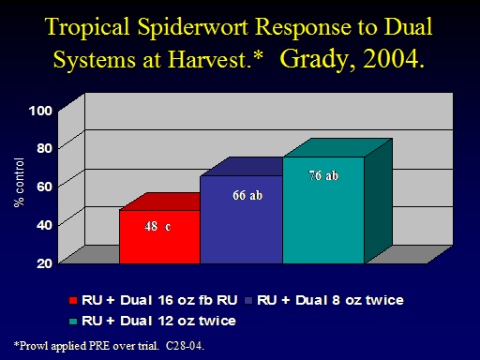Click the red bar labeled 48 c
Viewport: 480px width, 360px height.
pyautogui.click(x=159, y=236)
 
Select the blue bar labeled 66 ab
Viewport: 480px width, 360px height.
pyautogui.click(x=241, y=219)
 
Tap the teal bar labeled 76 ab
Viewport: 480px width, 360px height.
pyautogui.click(x=323, y=210)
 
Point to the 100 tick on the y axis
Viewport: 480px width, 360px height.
pyautogui.click(x=40, y=111)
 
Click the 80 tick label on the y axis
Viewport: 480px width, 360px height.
pyautogui.click(x=44, y=148)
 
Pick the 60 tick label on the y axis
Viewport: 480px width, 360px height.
pyautogui.click(x=44, y=187)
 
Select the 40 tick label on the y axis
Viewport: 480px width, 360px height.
pyautogui.click(x=44, y=225)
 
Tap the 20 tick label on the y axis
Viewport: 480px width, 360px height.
pyautogui.click(x=44, y=263)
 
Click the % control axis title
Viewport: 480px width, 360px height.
pyautogui.click(x=19, y=183)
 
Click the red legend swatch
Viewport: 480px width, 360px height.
pyautogui.click(x=73, y=301)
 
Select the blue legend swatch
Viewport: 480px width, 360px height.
pyautogui.click(x=248, y=301)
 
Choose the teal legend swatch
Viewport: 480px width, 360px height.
pyautogui.click(x=73, y=322)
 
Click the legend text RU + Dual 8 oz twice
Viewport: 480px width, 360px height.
pyautogui.click(x=330, y=300)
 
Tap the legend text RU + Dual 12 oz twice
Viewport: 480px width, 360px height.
pyautogui.click(x=158, y=321)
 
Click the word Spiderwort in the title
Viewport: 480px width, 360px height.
pyautogui.click(x=193, y=28)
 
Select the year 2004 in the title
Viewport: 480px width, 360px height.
pyautogui.click(x=391, y=59)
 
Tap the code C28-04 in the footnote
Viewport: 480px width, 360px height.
pyautogui.click(x=184, y=346)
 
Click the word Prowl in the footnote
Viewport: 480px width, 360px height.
pyautogui.click(x=34, y=346)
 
